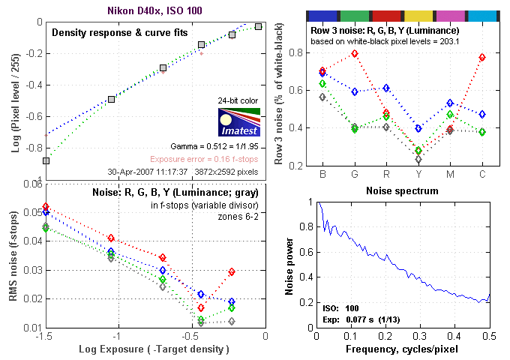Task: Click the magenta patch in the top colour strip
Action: coord(450,15)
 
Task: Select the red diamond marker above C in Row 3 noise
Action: coord(482,58)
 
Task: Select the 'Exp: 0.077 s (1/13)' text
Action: coord(353,319)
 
